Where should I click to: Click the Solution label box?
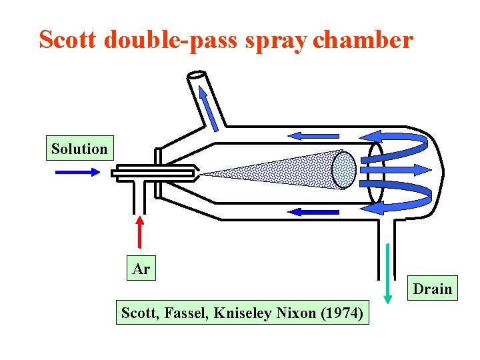(x=79, y=149)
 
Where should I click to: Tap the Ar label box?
(x=141, y=269)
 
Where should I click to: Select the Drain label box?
(x=432, y=289)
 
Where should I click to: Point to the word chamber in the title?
(x=363, y=40)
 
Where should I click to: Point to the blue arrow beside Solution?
(x=77, y=171)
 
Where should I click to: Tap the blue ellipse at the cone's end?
(x=345, y=170)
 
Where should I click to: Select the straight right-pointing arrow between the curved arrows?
(x=397, y=170)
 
